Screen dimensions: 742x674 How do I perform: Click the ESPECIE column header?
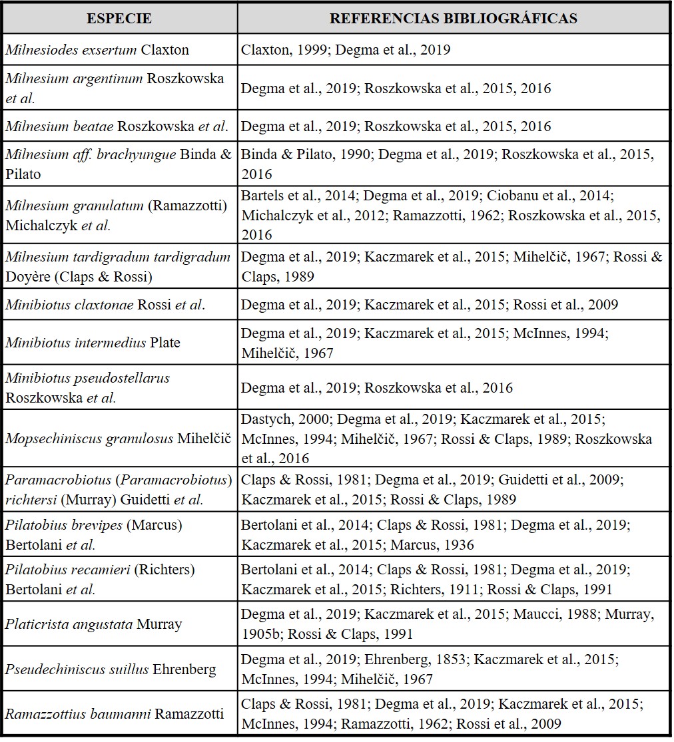(x=119, y=18)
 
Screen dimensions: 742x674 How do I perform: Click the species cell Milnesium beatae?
(x=117, y=126)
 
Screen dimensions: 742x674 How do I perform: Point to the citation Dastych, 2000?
(x=285, y=420)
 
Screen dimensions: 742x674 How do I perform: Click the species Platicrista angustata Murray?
(x=94, y=624)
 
